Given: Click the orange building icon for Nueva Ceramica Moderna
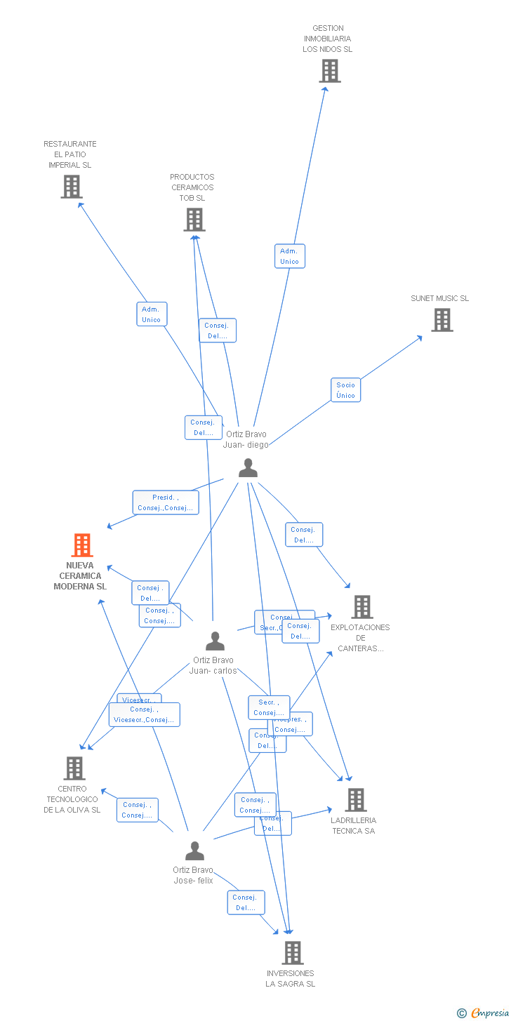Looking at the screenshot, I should point(82,545).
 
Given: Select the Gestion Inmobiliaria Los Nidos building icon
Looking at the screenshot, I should point(330,71).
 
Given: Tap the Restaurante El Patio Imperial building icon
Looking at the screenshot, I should point(71,187).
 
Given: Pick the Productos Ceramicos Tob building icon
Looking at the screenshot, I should point(194,220).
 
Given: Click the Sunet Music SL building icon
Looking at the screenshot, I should point(442,320).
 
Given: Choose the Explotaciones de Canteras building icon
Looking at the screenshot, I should point(361,607).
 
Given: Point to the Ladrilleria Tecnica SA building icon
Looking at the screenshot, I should point(356,800).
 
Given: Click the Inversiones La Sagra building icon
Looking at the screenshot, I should point(293,953).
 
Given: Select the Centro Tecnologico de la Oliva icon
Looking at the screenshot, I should point(74,768).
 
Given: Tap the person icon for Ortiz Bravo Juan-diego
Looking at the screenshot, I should point(248,467).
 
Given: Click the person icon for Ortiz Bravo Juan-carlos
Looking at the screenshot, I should point(215,641).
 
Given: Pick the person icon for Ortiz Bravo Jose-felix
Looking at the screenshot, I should point(194,850).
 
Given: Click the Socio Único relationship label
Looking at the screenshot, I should point(345,390).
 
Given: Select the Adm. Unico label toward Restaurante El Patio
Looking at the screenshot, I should point(151,314).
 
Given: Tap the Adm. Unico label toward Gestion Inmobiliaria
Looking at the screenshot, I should point(289,256).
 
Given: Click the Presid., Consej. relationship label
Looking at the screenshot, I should point(165,502).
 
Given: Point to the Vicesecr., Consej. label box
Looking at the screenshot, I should point(145,714).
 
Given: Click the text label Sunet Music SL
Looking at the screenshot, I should point(439,298).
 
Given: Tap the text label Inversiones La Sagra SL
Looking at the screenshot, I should point(290,978).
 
